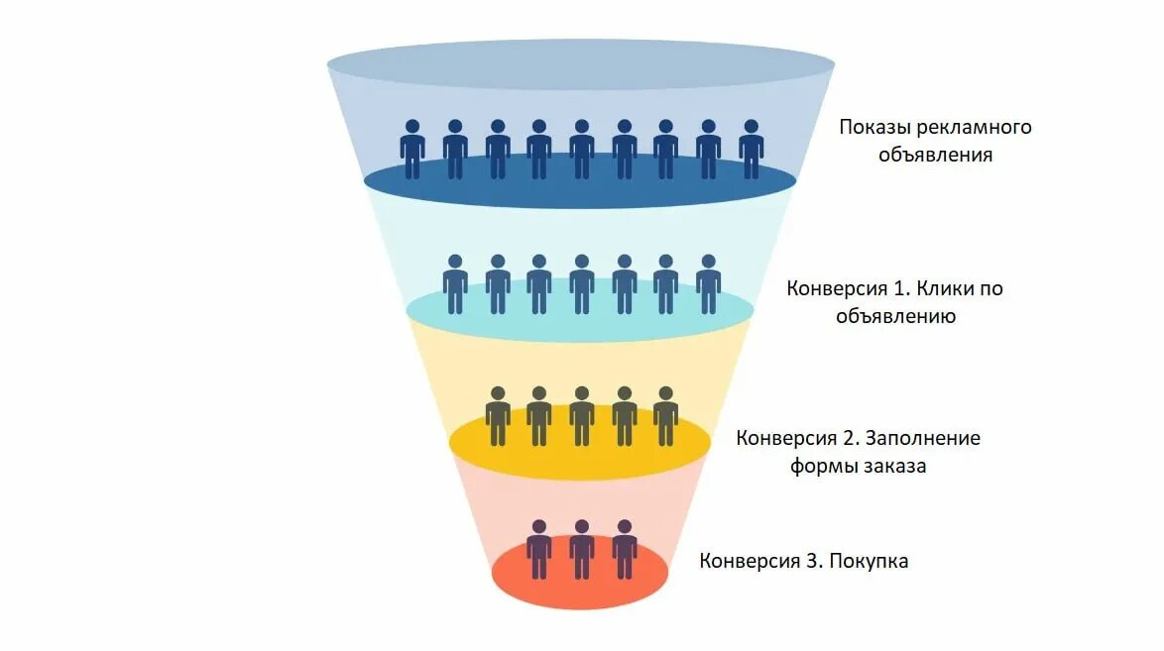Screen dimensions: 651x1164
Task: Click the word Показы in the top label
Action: [x=873, y=128]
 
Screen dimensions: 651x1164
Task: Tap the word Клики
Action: [x=947, y=289]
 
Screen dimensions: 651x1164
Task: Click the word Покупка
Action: [x=870, y=561]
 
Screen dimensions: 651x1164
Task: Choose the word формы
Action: [x=818, y=466]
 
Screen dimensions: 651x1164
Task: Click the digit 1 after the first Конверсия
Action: [x=900, y=289]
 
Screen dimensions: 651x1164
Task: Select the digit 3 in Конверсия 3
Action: [x=813, y=561]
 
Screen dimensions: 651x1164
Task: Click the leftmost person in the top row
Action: [x=412, y=150]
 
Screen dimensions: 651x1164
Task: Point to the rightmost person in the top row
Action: [x=752, y=150]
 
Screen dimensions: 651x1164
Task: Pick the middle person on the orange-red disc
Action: [x=582, y=549]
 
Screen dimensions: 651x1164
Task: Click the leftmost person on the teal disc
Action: [x=455, y=284]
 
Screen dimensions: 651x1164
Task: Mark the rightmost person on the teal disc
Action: [x=708, y=284]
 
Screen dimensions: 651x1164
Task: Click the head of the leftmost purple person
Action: [x=539, y=527]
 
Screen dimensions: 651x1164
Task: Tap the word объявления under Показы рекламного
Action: [x=935, y=156]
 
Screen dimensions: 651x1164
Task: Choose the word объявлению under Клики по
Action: [x=895, y=317]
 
